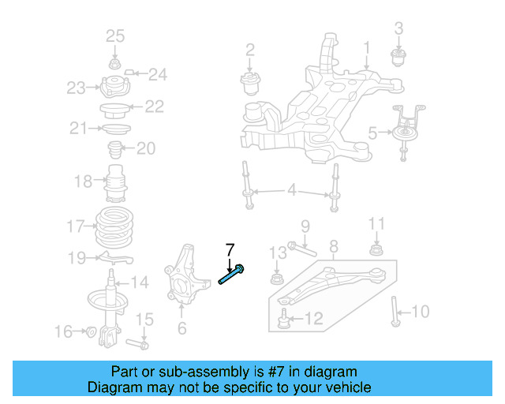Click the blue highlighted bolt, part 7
pos(232,277)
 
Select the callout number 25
pos(115,36)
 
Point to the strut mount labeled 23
pos(114,86)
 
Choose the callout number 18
pos(83,182)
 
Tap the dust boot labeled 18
pos(117,184)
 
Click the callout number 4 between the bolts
pos(291,190)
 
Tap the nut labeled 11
pos(377,252)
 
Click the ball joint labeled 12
pos(283,319)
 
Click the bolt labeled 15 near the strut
pos(141,344)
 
